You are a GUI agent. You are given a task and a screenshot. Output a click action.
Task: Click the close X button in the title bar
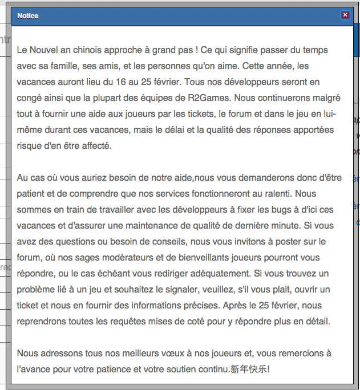pyautogui.click(x=345, y=15)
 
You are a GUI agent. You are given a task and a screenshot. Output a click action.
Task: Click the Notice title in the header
pyautogui.click(x=28, y=16)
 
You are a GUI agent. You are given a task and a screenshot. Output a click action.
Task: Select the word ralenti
pyautogui.click(x=275, y=194)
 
